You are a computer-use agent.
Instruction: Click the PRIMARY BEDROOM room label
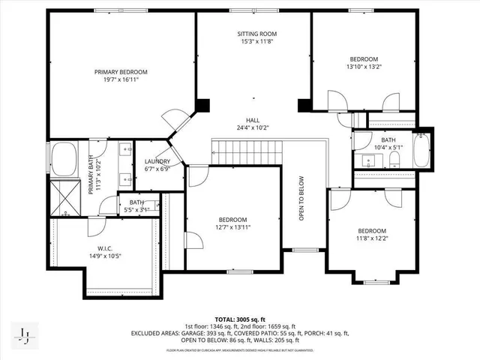pyautogui.click(x=121, y=72)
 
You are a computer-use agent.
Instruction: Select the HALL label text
pyautogui.click(x=253, y=119)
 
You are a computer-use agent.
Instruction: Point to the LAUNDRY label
pyautogui.click(x=157, y=161)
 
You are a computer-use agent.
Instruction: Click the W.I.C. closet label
pyautogui.click(x=103, y=247)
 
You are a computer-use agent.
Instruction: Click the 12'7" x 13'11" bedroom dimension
pyautogui.click(x=232, y=226)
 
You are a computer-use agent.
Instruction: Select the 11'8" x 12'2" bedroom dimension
pyautogui.click(x=371, y=238)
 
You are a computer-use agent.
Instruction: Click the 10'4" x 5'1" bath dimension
pyautogui.click(x=388, y=148)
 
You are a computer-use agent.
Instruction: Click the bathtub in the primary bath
pyautogui.click(x=64, y=160)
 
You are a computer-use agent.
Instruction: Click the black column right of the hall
pyautogui.click(x=304, y=106)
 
